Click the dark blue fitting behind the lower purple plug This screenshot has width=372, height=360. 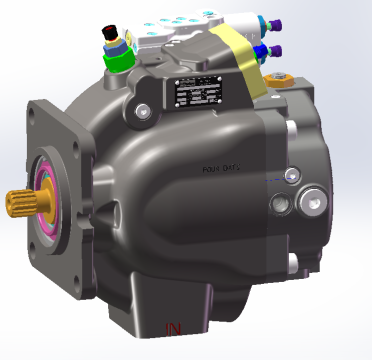pos(259,51)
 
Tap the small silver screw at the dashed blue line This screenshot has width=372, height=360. pos(291,178)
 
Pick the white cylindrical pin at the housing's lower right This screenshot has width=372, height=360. pos(291,265)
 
